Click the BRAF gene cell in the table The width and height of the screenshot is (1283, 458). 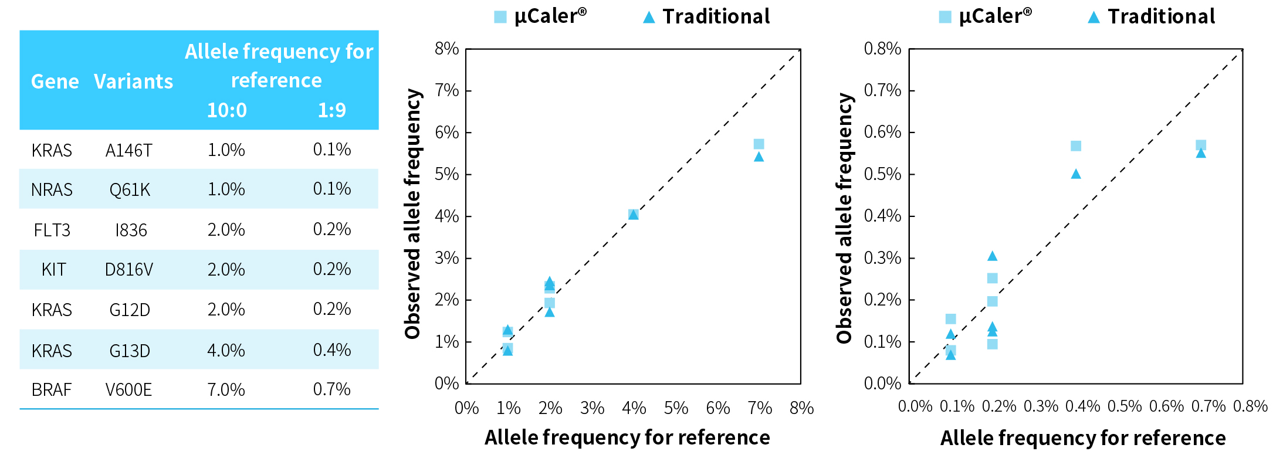tap(52, 390)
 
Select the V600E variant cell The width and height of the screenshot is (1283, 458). tap(128, 390)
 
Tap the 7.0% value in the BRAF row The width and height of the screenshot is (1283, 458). tap(226, 390)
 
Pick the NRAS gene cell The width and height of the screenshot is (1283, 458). tap(52, 190)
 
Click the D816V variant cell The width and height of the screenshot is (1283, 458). tap(128, 270)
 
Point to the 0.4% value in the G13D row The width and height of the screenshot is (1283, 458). tap(331, 350)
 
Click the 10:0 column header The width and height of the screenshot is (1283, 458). tap(226, 110)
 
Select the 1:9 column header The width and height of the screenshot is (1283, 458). tap(331, 110)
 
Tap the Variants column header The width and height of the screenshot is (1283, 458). tap(133, 82)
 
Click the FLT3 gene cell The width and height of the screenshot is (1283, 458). tap(52, 230)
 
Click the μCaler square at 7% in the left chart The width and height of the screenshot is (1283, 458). tap(759, 144)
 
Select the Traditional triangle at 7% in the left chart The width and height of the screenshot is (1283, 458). tap(759, 157)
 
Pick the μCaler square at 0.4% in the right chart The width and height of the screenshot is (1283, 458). tap(1075, 146)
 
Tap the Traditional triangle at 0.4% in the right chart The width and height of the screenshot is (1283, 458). tap(1075, 174)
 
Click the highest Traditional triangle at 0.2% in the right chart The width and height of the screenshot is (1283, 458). tap(992, 256)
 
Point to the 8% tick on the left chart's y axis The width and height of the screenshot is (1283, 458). tap(446, 49)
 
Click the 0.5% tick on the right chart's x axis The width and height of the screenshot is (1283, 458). tap(1125, 406)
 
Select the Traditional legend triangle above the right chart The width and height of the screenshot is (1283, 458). tap(1093, 18)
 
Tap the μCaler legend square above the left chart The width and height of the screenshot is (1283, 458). tap(500, 17)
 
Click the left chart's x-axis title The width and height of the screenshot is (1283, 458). tap(627, 437)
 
